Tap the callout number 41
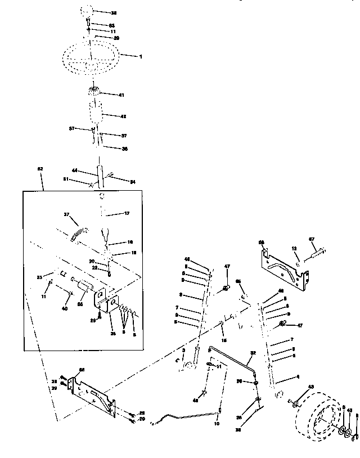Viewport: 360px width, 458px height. pos(121,96)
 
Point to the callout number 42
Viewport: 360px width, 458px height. pos(122,116)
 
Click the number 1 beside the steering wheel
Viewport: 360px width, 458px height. pos(141,56)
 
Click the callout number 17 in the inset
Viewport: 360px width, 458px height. pos(126,213)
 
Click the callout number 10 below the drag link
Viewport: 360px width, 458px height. pos(217,423)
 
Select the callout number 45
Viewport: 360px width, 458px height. pos(237,281)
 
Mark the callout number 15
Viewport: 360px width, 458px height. pos(224,340)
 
